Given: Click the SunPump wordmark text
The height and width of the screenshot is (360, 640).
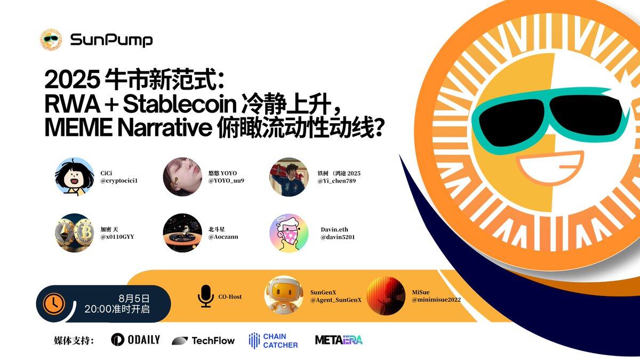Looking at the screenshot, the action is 111,40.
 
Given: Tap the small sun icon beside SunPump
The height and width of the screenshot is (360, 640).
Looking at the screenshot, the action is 51,39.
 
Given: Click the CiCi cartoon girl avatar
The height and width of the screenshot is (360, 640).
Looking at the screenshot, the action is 74,177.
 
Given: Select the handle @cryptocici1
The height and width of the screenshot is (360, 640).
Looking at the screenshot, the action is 119,181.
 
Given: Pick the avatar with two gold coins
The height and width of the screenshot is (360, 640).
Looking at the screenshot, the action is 74,233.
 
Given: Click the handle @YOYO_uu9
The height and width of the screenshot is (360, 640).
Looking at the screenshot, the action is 226,181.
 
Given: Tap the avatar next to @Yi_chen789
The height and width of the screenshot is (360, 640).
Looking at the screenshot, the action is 289,177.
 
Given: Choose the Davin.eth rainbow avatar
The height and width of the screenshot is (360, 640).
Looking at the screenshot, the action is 289,233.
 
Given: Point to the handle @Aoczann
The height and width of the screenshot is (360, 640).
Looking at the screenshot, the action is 223,237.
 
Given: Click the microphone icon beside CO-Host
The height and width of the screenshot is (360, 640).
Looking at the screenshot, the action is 205,297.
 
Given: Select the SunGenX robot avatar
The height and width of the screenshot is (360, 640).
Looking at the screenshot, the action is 284,295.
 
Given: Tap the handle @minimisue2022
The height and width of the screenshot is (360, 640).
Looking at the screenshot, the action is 436,300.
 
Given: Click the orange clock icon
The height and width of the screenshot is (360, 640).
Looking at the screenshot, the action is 54,303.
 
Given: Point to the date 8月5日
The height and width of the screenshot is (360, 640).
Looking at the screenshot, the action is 134,299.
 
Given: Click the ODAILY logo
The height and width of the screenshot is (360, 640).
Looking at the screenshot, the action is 135,340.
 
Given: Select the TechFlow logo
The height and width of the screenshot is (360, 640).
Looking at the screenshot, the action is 203,341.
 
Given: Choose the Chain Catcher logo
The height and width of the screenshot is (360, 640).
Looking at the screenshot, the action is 273,341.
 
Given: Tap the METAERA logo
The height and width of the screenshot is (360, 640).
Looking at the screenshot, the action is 339,340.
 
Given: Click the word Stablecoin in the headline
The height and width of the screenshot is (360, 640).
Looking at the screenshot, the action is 180,105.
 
